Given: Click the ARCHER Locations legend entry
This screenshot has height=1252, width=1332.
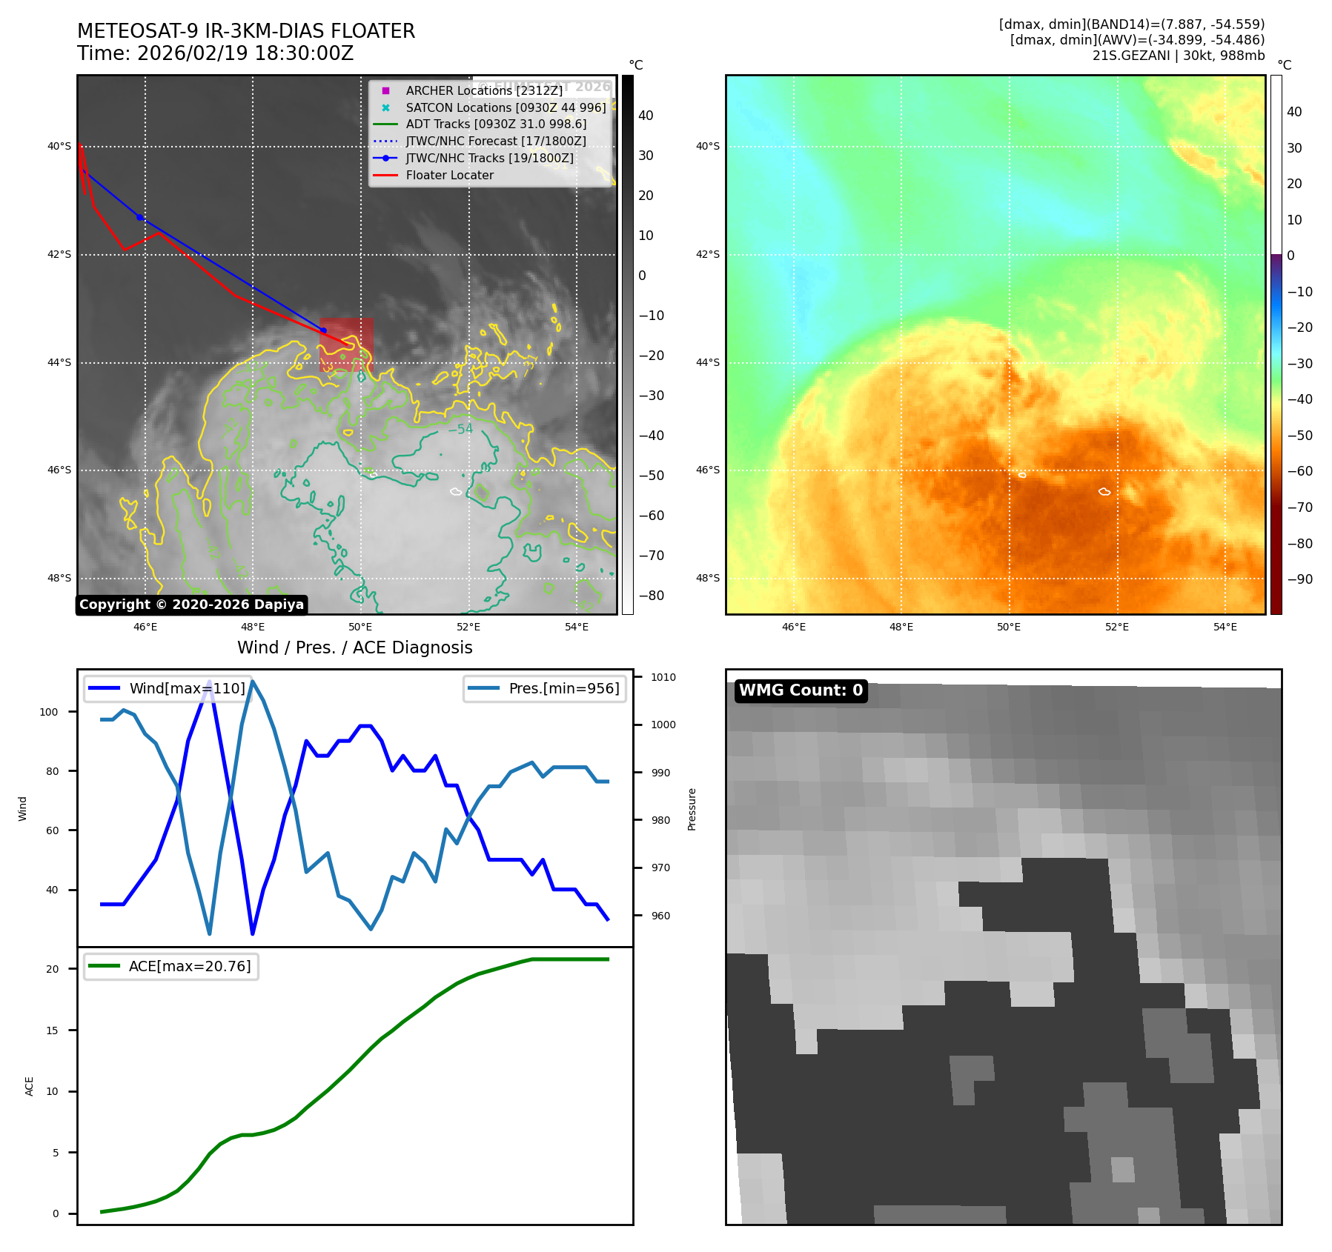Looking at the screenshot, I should (x=484, y=90).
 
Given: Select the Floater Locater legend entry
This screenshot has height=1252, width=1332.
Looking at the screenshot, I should (x=449, y=175).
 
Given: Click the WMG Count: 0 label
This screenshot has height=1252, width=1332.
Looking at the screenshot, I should (x=801, y=690).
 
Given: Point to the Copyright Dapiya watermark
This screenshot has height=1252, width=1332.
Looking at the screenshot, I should (x=191, y=605).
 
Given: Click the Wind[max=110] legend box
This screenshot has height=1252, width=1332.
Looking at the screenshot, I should (x=168, y=688).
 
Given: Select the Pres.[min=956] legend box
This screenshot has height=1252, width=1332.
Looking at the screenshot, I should (x=545, y=688).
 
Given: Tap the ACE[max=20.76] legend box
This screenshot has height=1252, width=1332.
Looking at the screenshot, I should (x=171, y=966).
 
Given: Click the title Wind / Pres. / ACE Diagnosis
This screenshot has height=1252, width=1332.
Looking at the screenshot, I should (x=354, y=647).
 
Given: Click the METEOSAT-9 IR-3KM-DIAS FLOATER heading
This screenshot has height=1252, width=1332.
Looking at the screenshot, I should (x=246, y=31).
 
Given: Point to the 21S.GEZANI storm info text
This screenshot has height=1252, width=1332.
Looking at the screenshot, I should (x=1178, y=56).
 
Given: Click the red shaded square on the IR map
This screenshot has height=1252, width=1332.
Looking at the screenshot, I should (x=346, y=344).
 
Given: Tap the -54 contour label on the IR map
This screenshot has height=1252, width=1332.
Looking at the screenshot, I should (x=460, y=429).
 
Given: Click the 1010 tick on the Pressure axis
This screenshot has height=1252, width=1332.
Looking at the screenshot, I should (x=663, y=677).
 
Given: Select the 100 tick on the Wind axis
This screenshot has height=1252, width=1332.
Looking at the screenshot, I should (x=49, y=712).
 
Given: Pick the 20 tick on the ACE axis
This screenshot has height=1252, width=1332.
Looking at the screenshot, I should (x=52, y=969).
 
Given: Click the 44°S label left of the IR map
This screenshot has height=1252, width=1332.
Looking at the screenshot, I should (x=59, y=362).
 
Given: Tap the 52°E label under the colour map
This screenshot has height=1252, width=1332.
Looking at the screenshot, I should (x=1116, y=627).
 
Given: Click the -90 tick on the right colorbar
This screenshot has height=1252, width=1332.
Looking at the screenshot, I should (x=1299, y=579).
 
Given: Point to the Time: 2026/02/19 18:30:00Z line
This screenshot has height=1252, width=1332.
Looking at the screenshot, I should (x=216, y=53).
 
